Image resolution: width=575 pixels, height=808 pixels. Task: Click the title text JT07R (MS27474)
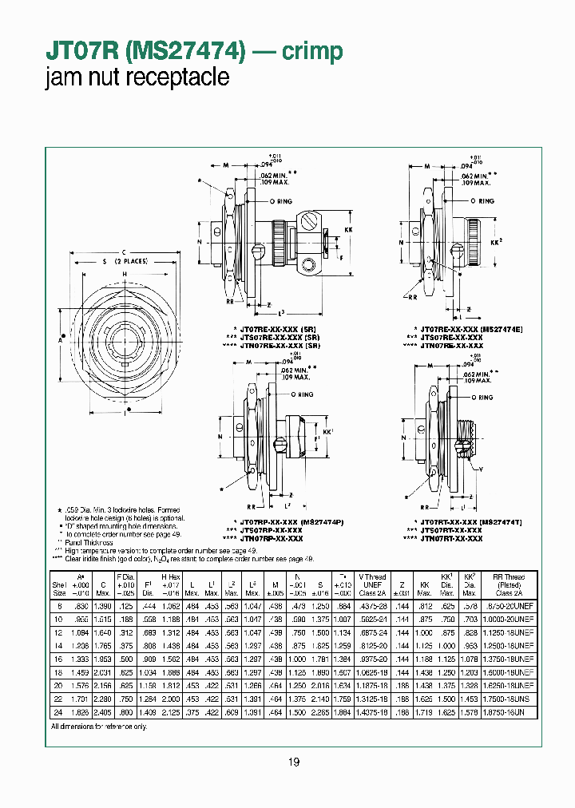pyautogui.click(x=145, y=51)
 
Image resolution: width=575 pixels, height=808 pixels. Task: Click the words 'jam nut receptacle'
pyautogui.click(x=137, y=77)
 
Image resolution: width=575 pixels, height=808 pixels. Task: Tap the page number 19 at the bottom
pyautogui.click(x=293, y=762)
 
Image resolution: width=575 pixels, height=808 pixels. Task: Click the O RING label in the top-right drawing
pyautogui.click(x=480, y=201)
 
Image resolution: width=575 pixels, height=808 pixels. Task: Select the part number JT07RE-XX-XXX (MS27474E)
pyautogui.click(x=466, y=329)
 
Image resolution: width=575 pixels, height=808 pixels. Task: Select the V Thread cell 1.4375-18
pyautogui.click(x=371, y=711)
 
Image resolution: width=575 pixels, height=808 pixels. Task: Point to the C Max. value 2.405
pyautogui.click(x=102, y=711)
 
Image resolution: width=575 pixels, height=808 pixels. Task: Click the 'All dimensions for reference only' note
pyautogui.click(x=99, y=727)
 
